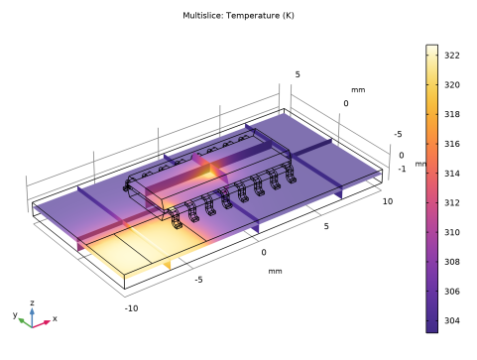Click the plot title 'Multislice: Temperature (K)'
(238, 16)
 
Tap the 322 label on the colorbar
(452, 56)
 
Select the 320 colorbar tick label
(452, 85)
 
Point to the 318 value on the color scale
(452, 114)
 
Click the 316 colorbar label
(452, 144)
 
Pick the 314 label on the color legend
(452, 174)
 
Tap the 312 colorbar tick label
(452, 202)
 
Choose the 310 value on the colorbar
(452, 232)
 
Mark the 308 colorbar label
(452, 262)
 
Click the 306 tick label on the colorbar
(452, 292)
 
